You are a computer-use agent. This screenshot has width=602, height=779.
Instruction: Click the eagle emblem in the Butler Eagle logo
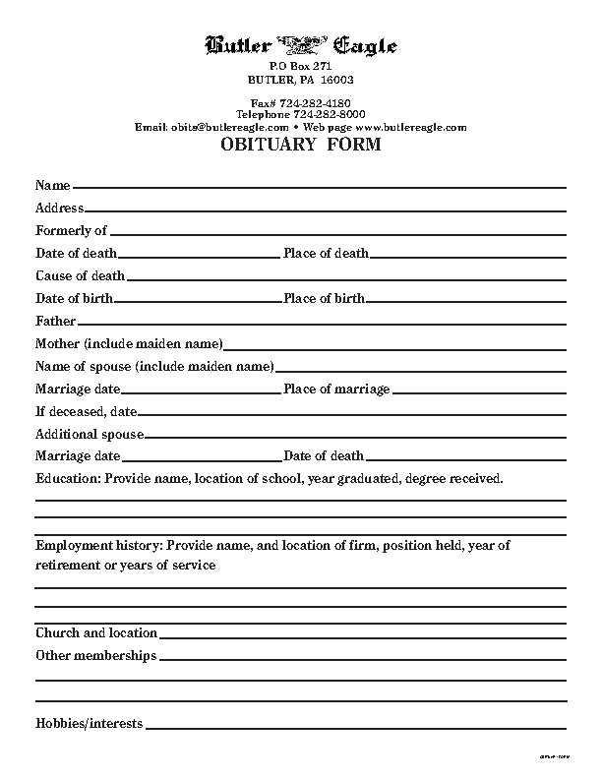pos(301,43)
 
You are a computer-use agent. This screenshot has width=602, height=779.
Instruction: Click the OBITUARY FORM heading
pos(300,146)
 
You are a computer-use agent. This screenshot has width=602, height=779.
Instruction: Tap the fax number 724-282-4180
pos(315,102)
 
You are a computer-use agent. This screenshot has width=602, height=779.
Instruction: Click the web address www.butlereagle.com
pos(410,127)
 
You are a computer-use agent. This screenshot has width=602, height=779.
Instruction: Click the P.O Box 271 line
pos(301,65)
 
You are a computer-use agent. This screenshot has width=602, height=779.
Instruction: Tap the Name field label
pos(53,185)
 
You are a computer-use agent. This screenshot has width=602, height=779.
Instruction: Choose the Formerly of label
pos(71,230)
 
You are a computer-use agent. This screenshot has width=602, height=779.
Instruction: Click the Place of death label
pos(326,253)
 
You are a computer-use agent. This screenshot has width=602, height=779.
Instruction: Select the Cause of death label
pos(80,275)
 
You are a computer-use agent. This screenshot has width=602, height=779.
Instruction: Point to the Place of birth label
pos(324,298)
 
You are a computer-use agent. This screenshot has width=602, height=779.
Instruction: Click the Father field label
pos(55,321)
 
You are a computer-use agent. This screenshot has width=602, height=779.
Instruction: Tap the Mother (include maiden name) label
pos(129,343)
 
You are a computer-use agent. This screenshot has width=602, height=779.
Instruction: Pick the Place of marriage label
pos(336,389)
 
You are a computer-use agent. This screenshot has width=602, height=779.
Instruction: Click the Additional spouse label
pos(90,434)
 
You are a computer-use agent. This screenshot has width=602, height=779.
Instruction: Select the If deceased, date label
pos(86,411)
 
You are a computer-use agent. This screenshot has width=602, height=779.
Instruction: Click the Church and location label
pos(96,632)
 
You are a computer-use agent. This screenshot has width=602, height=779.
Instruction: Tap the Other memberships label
pos(95,655)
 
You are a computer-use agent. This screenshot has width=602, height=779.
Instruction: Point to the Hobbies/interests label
pos(89,723)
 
